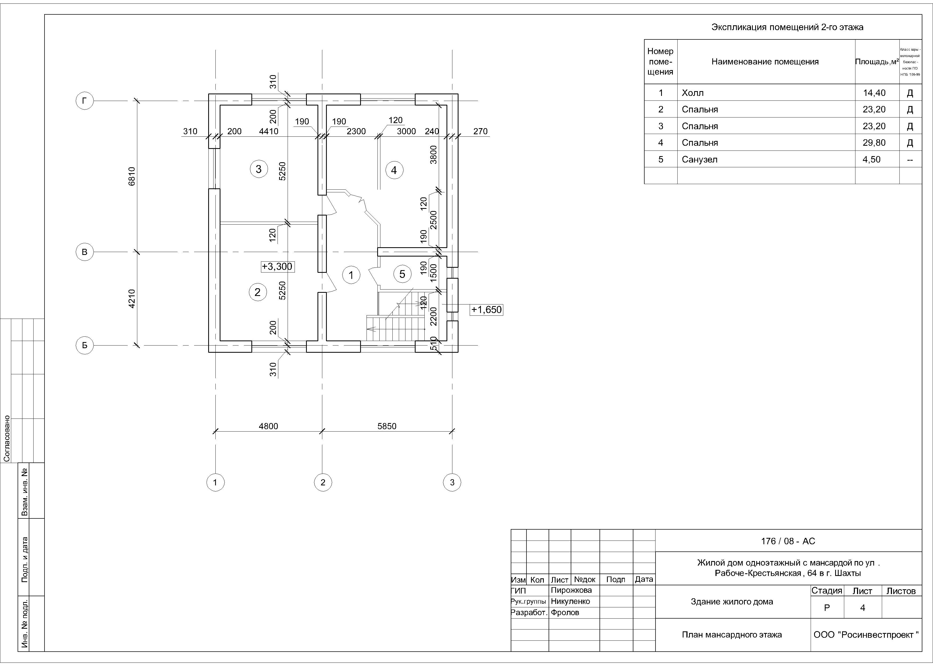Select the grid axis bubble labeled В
click(x=85, y=252)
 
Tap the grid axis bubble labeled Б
click(x=85, y=345)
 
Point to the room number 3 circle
click(x=259, y=169)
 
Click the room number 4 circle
click(x=394, y=170)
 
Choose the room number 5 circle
click(x=402, y=274)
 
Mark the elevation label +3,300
click(x=277, y=267)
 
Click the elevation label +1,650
click(x=486, y=310)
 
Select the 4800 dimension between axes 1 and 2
click(x=268, y=426)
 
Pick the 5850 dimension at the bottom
click(x=387, y=426)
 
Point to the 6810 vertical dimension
click(x=132, y=176)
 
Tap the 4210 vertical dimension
click(x=132, y=299)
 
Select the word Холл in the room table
click(x=693, y=93)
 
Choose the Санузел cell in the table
click(x=699, y=160)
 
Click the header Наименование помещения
click(x=765, y=62)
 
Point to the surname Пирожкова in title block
click(x=571, y=590)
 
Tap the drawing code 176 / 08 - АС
click(x=788, y=541)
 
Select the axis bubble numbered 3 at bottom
click(x=452, y=482)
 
